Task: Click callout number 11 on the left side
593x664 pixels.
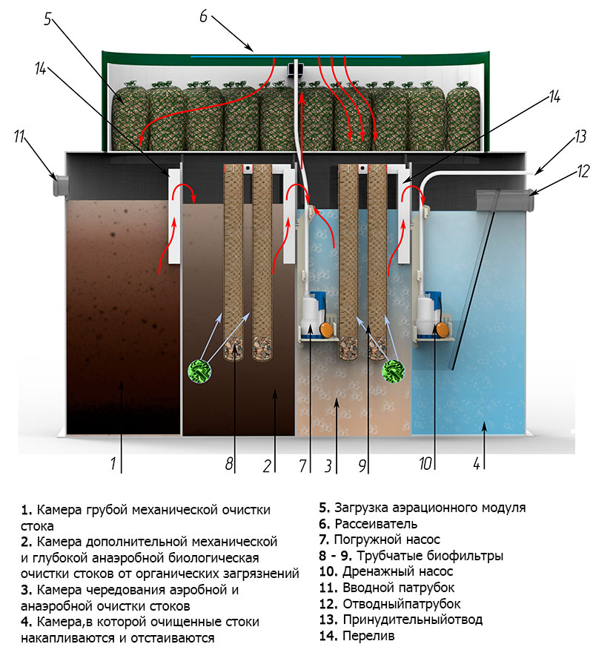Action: click(x=19, y=137)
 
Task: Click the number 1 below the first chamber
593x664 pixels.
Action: click(x=113, y=464)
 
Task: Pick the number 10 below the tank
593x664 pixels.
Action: click(x=425, y=464)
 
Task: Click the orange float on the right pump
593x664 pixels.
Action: click(x=442, y=329)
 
